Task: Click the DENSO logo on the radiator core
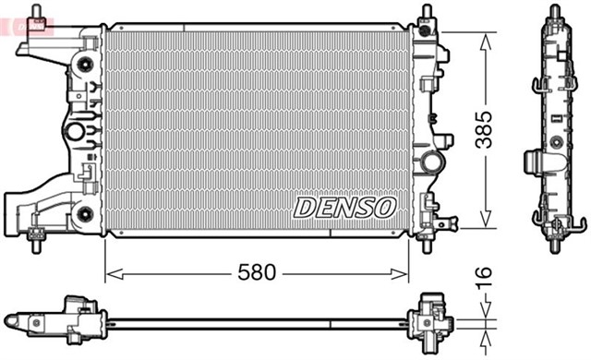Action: pos(345,208)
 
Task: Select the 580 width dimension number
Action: pos(257,273)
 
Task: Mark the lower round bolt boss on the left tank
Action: pos(85,214)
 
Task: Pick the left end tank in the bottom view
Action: pos(69,319)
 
